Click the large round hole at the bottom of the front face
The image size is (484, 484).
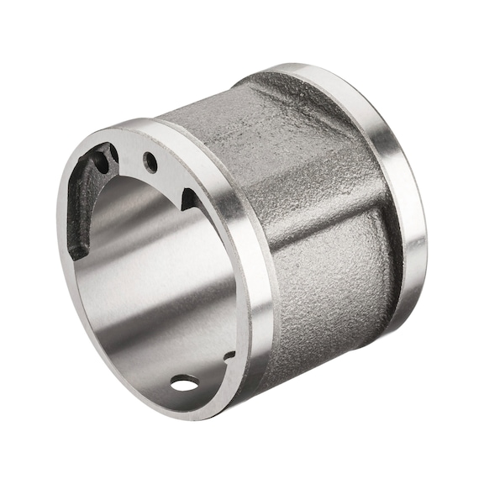click(184, 384)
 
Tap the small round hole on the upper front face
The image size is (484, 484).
click(150, 160)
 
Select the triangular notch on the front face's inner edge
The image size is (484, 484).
click(189, 199)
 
